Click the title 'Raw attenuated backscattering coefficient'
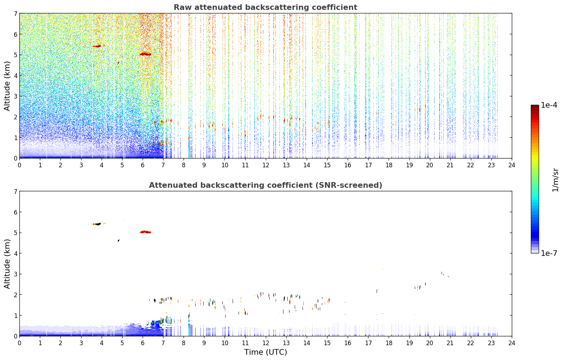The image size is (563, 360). click(265, 7)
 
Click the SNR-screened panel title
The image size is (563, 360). click(265, 185)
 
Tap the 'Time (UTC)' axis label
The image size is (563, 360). click(265, 352)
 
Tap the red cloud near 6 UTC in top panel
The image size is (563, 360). click(145, 54)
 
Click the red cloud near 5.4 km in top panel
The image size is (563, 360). click(97, 46)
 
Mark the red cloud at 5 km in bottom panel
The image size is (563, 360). click(145, 232)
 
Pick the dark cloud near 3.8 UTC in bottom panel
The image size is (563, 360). click(97, 224)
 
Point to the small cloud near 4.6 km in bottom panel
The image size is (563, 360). click(118, 241)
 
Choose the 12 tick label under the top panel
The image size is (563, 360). click(266, 165)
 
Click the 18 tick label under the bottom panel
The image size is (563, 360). click(389, 343)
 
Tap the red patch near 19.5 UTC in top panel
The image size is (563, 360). click(418, 110)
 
